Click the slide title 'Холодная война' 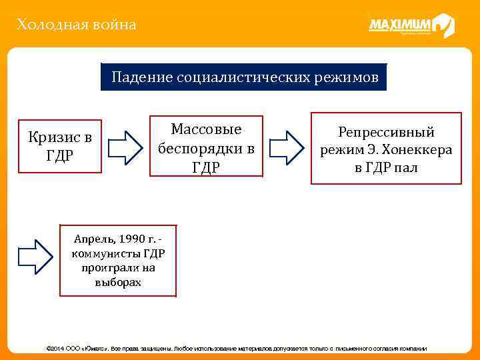tap(77, 25)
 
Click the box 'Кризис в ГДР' tap(60, 147)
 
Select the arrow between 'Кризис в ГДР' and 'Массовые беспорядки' tap(125, 147)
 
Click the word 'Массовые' tap(206, 129)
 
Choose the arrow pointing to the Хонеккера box tap(286, 147)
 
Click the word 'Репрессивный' tap(386, 132)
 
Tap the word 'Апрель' tap(94, 239)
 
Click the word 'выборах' tap(119, 282)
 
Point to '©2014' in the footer tap(53, 349)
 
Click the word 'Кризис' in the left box tap(51, 138)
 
